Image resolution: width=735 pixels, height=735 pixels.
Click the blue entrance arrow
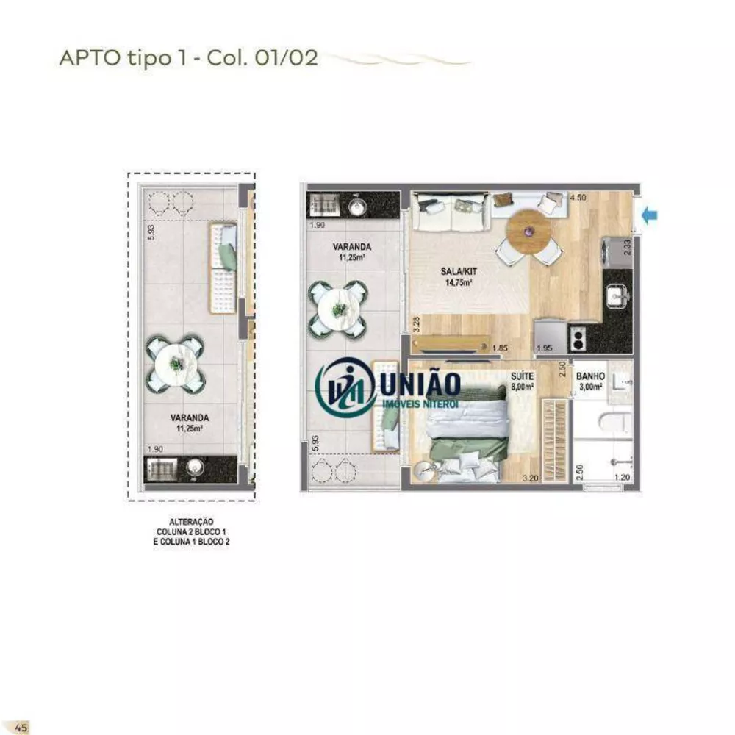(x=650, y=215)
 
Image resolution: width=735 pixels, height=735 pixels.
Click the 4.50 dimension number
(x=578, y=197)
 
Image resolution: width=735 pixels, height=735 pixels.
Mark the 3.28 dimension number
(x=416, y=324)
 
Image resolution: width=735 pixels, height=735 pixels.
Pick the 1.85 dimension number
(x=501, y=348)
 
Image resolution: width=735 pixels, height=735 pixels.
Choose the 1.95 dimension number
(x=545, y=348)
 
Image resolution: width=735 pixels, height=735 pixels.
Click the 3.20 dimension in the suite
(x=529, y=478)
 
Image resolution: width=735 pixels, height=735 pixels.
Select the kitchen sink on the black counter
(x=615, y=296)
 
